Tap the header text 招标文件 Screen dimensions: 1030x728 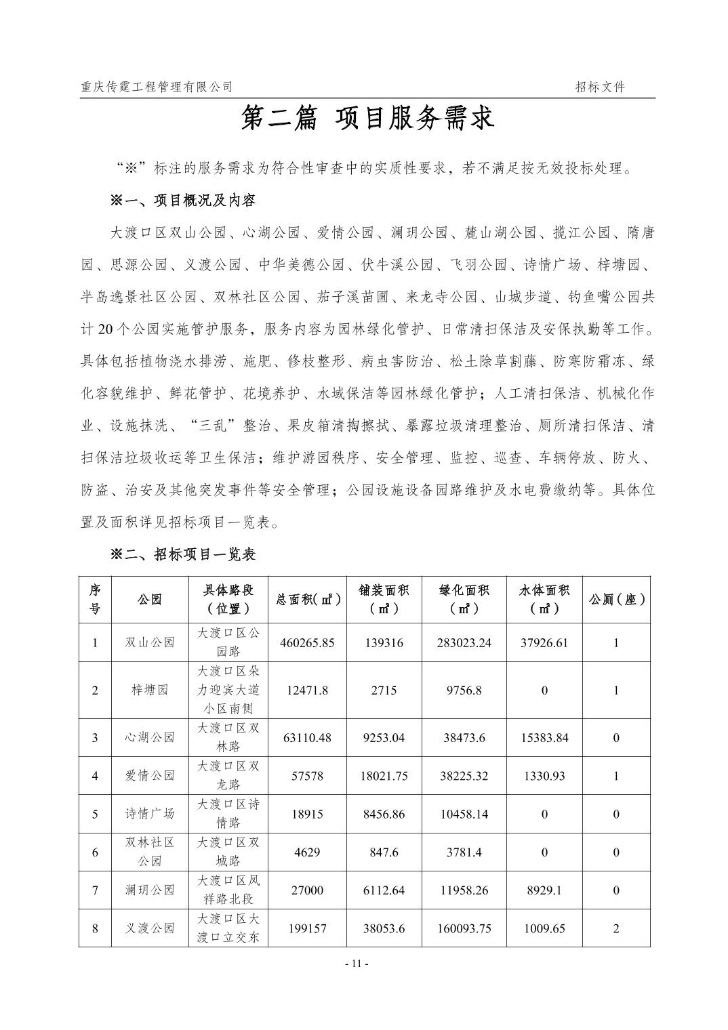pyautogui.click(x=600, y=87)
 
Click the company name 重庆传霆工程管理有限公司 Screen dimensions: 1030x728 pyautogui.click(x=157, y=87)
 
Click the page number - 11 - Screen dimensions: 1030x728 pyautogui.click(x=357, y=963)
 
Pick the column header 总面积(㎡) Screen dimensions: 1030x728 pyautogui.click(x=307, y=600)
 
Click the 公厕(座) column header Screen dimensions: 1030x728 pyautogui.click(x=616, y=600)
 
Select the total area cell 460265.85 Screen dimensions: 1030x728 pyautogui.click(x=307, y=642)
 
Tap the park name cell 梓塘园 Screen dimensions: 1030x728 pyautogui.click(x=149, y=691)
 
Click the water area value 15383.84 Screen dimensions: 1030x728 pyautogui.click(x=544, y=738)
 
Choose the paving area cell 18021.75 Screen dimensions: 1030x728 pyautogui.click(x=384, y=776)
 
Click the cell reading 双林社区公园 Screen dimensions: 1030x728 pyautogui.click(x=149, y=852)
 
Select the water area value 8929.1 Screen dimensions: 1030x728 pyautogui.click(x=544, y=890)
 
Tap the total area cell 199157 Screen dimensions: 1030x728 pyautogui.click(x=307, y=928)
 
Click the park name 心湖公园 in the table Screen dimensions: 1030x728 pyautogui.click(x=149, y=738)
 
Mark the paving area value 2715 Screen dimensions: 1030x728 pyautogui.click(x=384, y=691)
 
